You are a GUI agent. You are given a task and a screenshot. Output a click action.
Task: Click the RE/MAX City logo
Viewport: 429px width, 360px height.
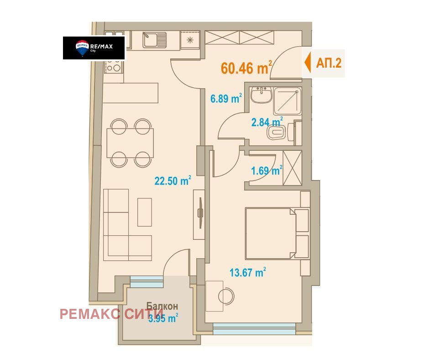click(94, 48)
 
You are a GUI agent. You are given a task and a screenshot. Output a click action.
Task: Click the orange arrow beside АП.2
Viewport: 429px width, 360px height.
click(308, 63)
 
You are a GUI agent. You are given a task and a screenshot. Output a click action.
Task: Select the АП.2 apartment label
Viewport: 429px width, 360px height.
click(329, 63)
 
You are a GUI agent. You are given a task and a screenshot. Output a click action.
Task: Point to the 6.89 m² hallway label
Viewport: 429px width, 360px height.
click(226, 98)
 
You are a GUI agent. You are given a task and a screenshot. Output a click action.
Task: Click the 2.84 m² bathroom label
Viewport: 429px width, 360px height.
click(267, 122)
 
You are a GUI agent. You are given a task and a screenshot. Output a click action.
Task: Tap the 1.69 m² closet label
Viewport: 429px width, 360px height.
click(267, 170)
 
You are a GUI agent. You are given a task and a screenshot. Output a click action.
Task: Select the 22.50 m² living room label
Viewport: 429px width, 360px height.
click(173, 180)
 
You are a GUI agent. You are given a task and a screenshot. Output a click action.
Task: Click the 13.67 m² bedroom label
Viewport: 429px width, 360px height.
click(248, 273)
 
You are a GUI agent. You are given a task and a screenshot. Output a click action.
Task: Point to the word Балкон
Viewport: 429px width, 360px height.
click(162, 306)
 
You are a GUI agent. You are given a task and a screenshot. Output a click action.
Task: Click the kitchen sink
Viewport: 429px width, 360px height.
click(155, 40)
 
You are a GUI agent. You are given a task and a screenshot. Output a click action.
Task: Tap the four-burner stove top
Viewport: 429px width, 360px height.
click(114, 66)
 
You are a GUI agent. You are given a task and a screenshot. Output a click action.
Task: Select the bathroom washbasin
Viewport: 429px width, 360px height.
click(262, 95)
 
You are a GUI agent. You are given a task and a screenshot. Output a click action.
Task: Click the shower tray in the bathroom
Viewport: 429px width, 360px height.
click(287, 101)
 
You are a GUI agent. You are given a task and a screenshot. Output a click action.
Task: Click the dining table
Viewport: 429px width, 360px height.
click(130, 143)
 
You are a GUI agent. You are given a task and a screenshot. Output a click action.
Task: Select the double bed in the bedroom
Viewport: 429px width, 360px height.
click(270, 233)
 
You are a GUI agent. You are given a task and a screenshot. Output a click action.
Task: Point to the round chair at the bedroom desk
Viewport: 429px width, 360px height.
click(226, 296)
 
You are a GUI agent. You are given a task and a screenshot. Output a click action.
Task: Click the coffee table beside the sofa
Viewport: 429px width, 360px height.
click(145, 212)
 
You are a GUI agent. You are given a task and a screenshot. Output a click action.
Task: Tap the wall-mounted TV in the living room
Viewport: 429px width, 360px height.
click(200, 213)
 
